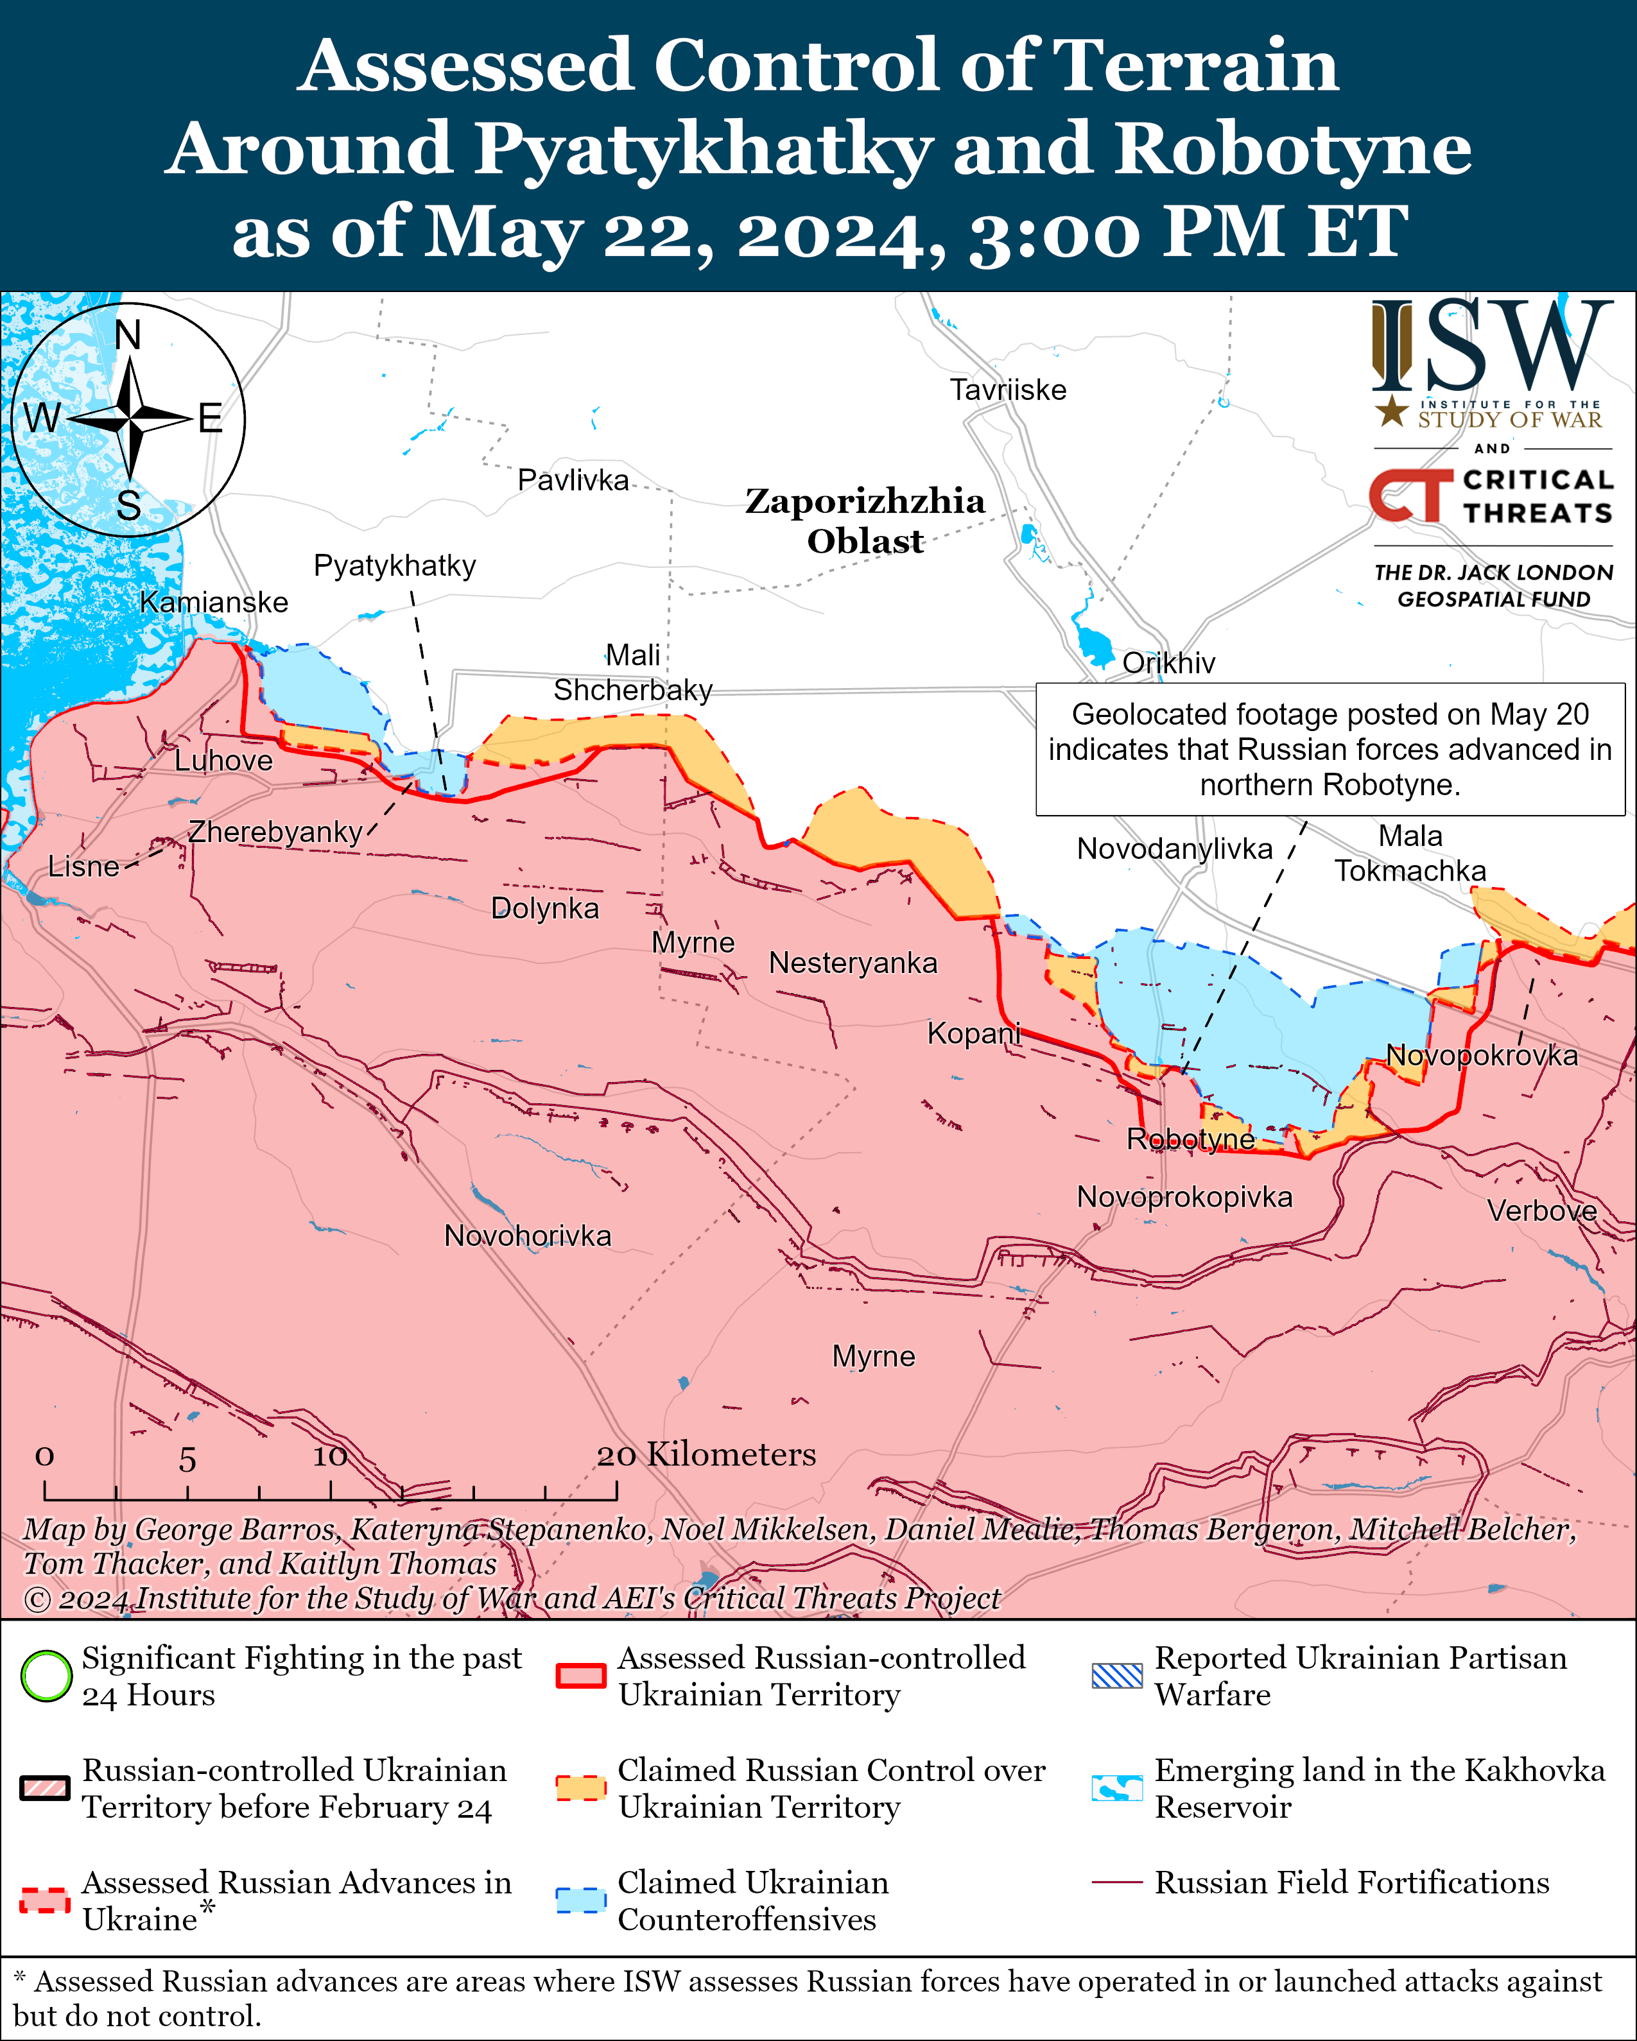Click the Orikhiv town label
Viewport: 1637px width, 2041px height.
pos(1168,662)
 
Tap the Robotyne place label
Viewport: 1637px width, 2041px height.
pos(1190,1139)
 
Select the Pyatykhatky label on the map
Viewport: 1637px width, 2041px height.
pos(394,565)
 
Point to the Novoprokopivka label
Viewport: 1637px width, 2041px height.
pos(1184,1196)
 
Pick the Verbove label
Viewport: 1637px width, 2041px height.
pos(1541,1210)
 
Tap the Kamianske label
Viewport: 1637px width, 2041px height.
pos(214,602)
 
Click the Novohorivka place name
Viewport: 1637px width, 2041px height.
pos(527,1236)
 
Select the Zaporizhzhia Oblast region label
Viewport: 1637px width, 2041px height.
pos(865,521)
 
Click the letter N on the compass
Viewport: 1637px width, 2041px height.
pos(128,335)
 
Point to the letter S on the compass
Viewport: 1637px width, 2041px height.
pos(129,506)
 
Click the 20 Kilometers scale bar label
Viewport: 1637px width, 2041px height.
pos(706,1454)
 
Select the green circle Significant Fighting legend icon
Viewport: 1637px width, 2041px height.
pos(46,1676)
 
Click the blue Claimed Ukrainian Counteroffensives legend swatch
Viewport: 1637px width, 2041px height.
pos(580,1900)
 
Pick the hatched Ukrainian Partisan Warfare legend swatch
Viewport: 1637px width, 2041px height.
pos(1116,1676)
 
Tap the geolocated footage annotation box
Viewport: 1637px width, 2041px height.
pos(1330,749)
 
